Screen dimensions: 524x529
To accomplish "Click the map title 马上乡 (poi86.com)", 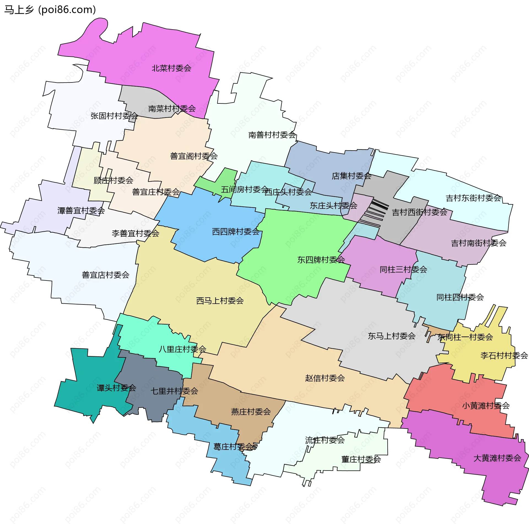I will [x=50, y=10].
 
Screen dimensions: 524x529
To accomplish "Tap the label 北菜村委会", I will [x=171, y=68].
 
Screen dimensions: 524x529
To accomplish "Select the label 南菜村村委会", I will [x=172, y=109].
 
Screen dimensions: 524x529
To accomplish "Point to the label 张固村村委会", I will [x=114, y=116].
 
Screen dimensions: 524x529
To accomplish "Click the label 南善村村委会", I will [x=272, y=135].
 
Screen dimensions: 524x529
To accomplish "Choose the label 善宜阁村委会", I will [x=194, y=156].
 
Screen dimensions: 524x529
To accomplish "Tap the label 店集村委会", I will [x=351, y=176].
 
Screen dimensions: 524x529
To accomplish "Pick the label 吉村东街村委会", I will [x=473, y=198].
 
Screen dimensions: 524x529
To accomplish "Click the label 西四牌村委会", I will [x=236, y=232].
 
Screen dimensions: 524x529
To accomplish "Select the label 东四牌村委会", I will [x=321, y=260].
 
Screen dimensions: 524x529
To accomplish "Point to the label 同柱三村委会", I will [x=403, y=269].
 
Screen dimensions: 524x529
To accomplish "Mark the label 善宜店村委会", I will [x=106, y=275].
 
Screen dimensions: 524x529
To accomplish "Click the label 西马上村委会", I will [x=220, y=301].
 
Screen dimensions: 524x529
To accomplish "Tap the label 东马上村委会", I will [x=392, y=336].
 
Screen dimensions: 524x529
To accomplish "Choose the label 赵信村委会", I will [x=325, y=378].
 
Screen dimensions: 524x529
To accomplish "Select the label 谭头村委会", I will [x=116, y=388].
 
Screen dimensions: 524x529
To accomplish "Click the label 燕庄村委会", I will [x=251, y=412].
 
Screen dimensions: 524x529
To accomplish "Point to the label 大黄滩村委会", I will [x=497, y=458].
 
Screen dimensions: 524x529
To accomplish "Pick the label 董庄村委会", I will [x=361, y=459].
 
